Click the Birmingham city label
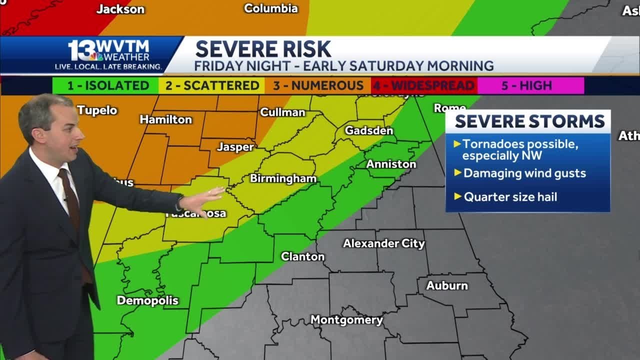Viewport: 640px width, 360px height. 283,178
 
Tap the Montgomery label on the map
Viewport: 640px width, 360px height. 346,320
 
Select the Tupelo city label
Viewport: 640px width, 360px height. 97,110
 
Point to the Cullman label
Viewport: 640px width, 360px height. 282,112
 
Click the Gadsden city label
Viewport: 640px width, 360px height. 369,130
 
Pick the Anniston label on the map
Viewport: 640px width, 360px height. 391,164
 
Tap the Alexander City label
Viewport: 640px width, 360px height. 383,243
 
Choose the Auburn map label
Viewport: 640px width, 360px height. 447,285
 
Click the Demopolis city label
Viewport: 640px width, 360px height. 147,300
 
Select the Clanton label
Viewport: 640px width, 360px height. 302,256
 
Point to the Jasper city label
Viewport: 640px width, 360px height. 235,147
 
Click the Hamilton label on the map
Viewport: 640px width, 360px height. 165,119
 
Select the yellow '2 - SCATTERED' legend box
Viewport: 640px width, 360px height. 212,85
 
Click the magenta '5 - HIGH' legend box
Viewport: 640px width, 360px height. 530,85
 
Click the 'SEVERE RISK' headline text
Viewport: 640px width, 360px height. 263,49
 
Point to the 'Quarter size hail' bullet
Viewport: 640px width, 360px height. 510,197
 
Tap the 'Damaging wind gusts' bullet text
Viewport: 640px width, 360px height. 524,173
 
